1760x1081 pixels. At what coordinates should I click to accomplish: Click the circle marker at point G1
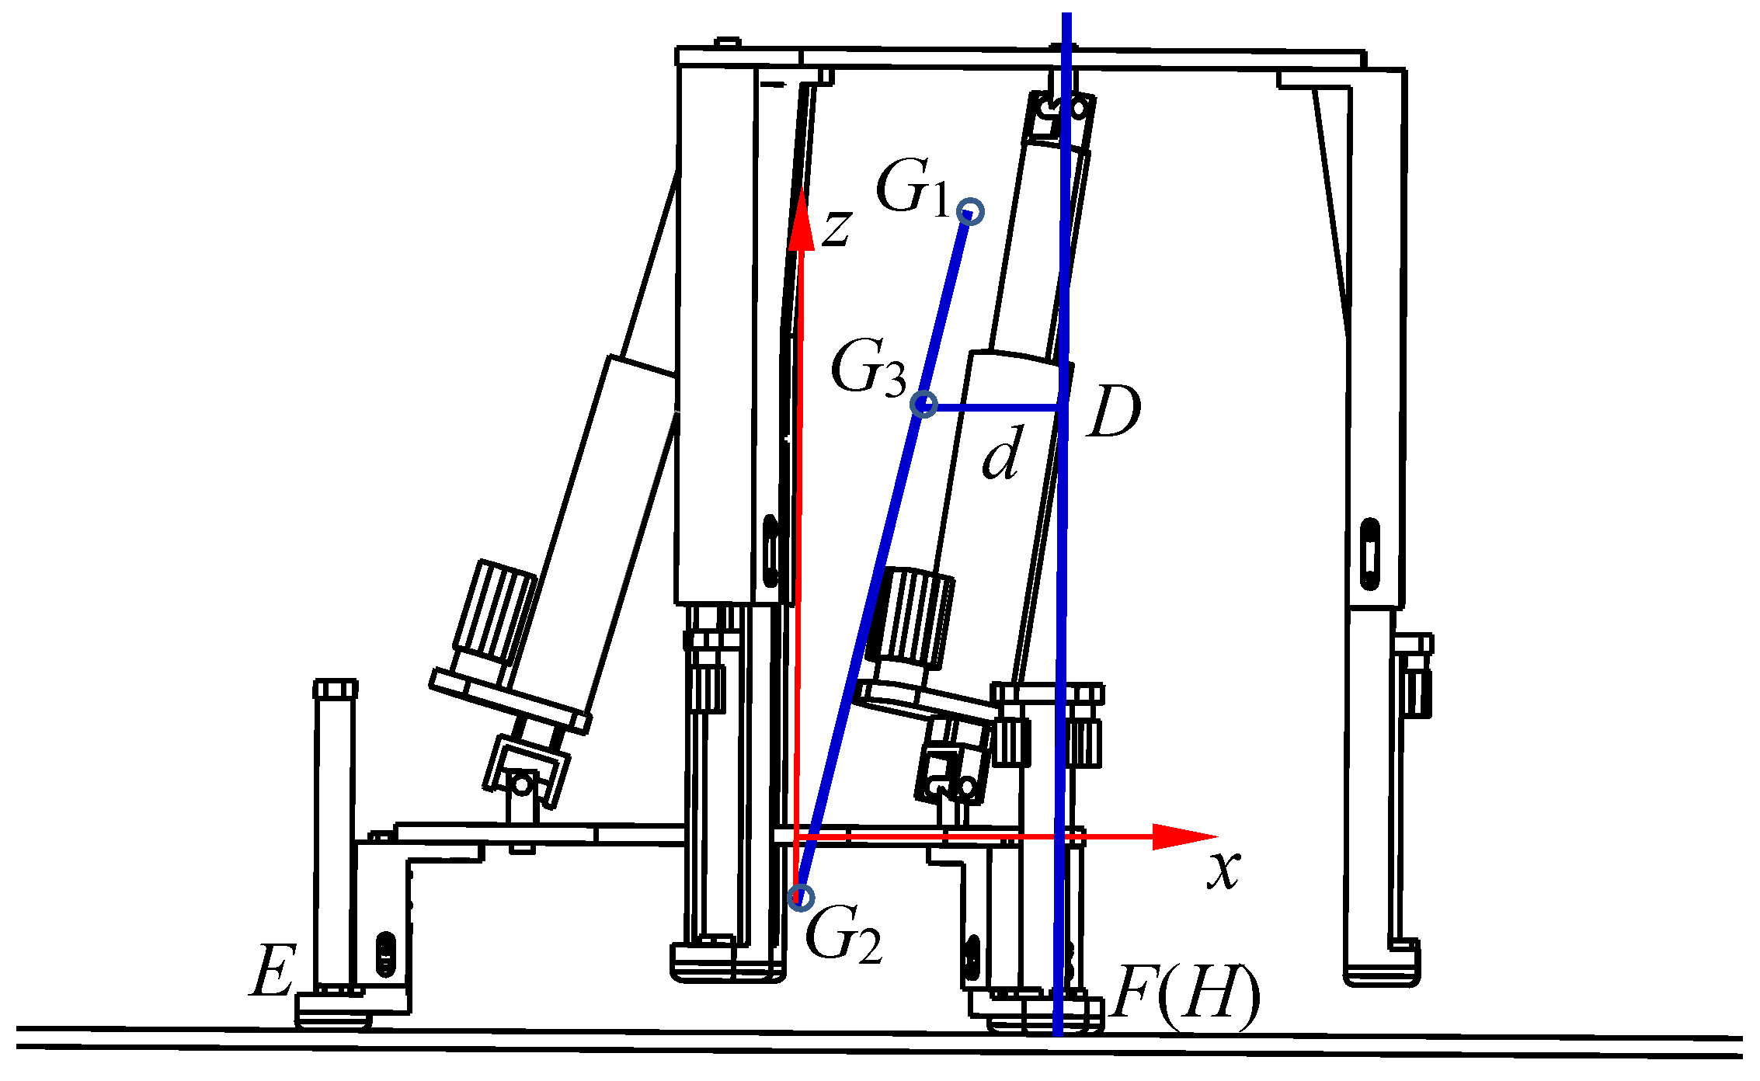coord(971,211)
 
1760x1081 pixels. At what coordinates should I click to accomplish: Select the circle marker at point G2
coord(801,898)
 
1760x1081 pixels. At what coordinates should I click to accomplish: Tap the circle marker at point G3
coord(923,405)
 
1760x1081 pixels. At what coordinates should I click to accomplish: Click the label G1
coord(912,188)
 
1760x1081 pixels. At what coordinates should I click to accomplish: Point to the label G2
coord(843,937)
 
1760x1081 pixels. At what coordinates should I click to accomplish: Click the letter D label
coord(1114,412)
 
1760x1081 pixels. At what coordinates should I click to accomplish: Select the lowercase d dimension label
coord(1001,454)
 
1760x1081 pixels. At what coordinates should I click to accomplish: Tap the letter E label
coord(273,971)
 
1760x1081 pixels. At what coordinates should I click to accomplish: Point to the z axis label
coord(837,228)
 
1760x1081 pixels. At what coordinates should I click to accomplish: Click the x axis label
coord(1224,870)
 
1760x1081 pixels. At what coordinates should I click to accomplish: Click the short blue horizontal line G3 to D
coord(994,407)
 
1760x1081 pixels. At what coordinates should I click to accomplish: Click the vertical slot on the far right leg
coord(1370,554)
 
